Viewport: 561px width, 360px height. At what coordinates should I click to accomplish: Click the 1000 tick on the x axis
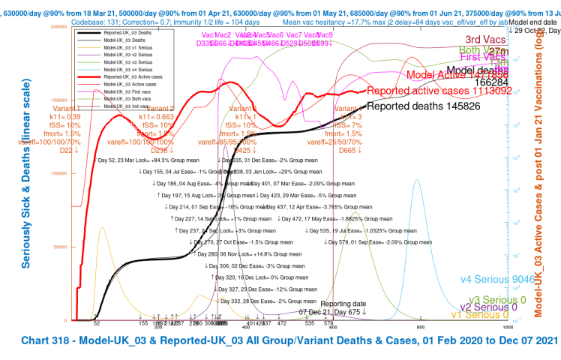(x=508, y=327)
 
